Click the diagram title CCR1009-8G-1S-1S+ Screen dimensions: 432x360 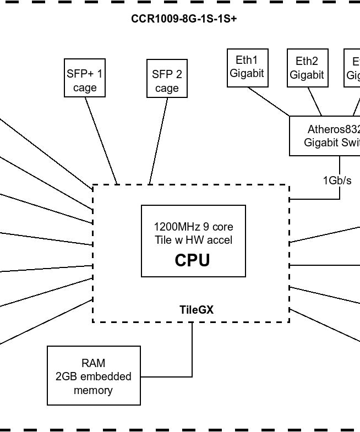184,19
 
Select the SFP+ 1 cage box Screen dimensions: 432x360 85,80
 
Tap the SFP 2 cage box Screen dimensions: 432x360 167,81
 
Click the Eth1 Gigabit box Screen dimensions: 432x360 247,67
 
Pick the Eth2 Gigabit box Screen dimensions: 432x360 307,68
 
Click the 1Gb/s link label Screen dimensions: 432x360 337,180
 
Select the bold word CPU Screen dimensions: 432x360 192,260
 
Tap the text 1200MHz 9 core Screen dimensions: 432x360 193,226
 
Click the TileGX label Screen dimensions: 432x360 197,310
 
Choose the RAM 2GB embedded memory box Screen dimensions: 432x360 94,376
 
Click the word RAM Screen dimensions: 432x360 93,363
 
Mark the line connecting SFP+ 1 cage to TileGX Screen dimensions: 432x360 101,140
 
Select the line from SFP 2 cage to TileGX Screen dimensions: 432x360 159,140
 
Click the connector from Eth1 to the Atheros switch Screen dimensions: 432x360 269,101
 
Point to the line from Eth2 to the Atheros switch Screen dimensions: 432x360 314,101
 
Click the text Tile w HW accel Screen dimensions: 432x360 193,240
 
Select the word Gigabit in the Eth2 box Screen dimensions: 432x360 307,75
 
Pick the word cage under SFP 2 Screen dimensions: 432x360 167,88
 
